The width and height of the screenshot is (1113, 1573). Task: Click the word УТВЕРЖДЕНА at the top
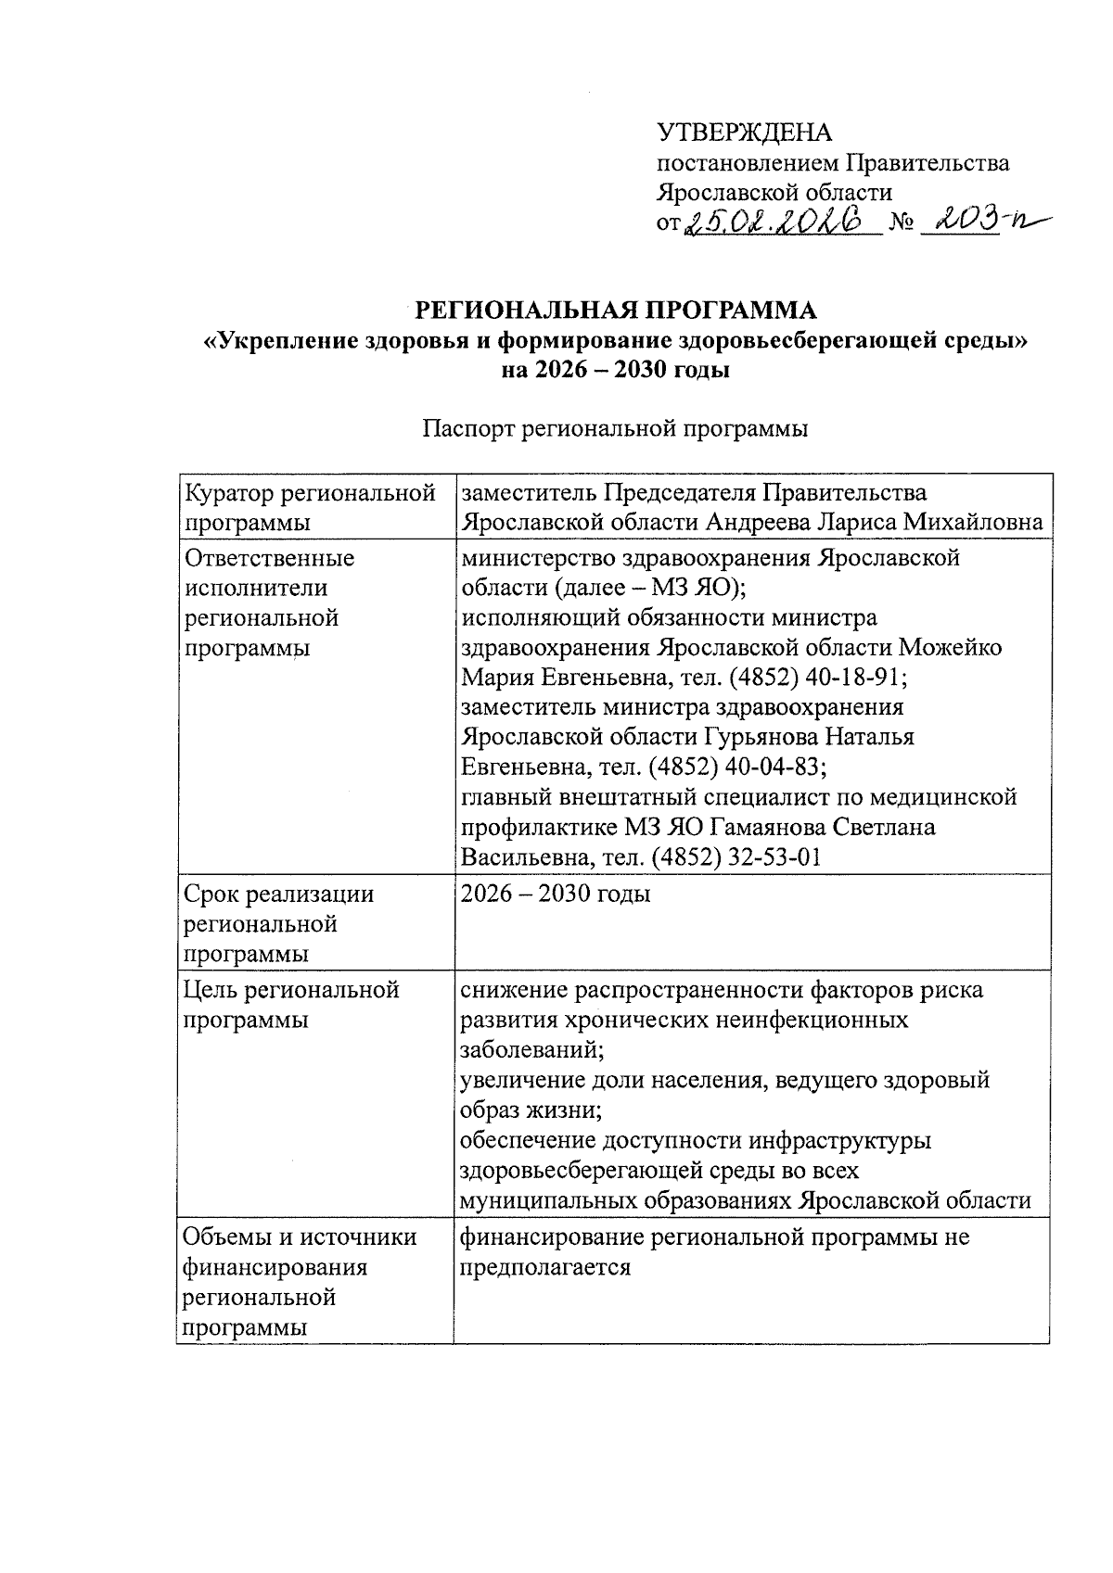point(744,133)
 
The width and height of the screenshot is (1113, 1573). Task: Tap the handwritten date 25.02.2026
point(780,222)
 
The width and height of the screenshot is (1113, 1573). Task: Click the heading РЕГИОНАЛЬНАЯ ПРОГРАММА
point(616,310)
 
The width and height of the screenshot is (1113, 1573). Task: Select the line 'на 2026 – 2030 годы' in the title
point(616,370)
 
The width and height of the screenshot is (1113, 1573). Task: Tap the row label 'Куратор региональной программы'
point(311,507)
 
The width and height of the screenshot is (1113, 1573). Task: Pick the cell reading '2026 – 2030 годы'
point(556,894)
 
